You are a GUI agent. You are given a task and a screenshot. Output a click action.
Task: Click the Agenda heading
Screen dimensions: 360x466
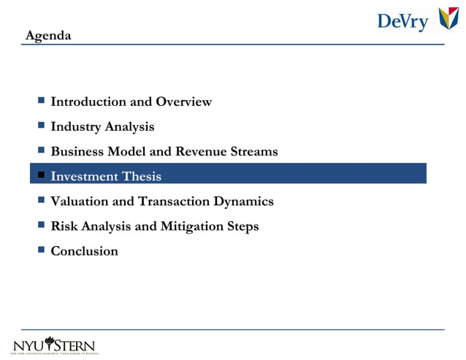48,35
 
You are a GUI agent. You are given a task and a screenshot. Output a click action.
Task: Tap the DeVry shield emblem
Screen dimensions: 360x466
448,20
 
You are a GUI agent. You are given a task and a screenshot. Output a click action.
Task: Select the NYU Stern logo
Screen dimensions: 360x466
54,345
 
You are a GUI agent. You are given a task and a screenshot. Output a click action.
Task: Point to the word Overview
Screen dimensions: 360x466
183,102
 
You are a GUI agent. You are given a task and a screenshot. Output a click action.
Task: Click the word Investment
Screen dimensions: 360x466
85,176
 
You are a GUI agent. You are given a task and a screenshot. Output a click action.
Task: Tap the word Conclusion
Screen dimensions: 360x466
84,250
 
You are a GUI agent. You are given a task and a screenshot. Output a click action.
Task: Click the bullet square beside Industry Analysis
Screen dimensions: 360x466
42,126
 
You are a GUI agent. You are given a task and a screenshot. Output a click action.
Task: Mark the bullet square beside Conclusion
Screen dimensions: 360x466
42,250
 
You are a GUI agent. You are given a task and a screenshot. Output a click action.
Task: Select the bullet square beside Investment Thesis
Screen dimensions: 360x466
42,175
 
